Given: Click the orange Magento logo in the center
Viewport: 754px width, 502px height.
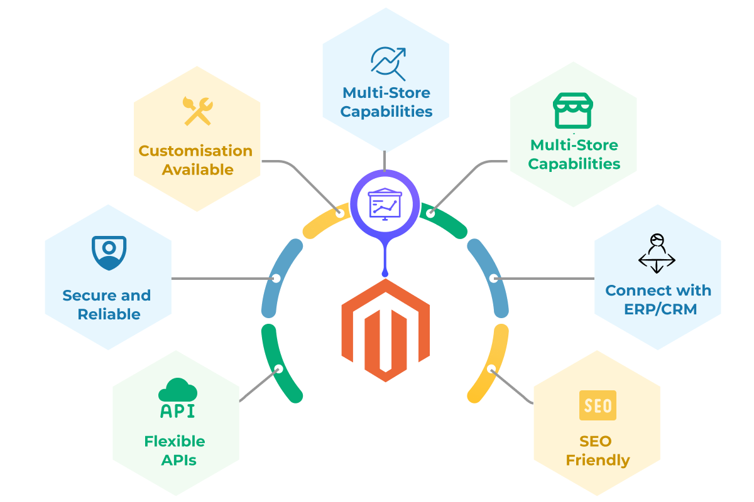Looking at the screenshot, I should (x=385, y=330).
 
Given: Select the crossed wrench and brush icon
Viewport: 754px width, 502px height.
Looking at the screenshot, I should (x=197, y=111).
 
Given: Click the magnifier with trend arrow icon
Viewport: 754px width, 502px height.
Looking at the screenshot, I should (x=386, y=61).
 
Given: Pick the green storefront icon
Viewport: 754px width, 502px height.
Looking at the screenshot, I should (x=572, y=111).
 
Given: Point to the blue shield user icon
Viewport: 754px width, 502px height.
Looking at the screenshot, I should (x=109, y=253).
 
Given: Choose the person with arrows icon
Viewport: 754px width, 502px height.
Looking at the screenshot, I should (x=657, y=253).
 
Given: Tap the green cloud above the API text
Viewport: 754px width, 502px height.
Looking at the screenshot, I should (x=177, y=390).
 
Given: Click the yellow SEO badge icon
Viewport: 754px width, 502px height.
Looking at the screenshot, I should (x=597, y=405).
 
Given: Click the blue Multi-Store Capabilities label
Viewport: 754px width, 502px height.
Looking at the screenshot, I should (x=386, y=102).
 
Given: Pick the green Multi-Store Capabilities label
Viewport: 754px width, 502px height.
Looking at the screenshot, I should (x=574, y=154).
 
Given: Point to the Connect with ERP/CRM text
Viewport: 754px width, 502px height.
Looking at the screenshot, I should (x=658, y=300).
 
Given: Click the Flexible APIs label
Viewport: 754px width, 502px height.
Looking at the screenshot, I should (x=175, y=450).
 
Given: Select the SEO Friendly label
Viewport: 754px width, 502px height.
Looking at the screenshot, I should (x=597, y=451).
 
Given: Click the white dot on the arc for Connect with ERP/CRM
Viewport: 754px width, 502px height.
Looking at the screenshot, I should (x=494, y=278).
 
